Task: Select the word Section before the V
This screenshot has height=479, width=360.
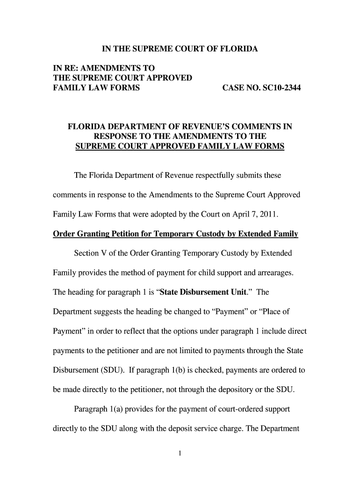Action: coord(88,253)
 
